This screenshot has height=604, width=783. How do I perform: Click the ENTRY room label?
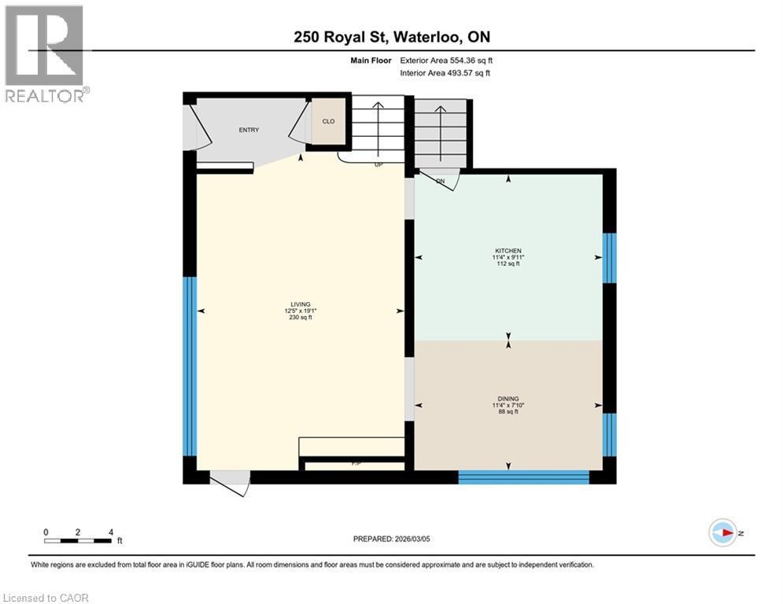coord(249,131)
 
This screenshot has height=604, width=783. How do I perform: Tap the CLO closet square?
coord(328,122)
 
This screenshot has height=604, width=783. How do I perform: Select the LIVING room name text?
coord(300,304)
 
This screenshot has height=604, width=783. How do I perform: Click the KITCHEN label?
coord(508,251)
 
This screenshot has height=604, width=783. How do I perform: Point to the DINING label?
coord(508,399)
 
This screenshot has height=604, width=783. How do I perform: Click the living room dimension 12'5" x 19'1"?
coord(300,311)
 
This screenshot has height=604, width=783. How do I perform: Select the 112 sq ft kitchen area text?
coord(508,264)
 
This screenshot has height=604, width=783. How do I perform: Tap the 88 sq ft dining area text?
coord(508,412)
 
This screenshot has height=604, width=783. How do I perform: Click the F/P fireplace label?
coord(356,465)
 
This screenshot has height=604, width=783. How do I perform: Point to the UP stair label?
coord(379,165)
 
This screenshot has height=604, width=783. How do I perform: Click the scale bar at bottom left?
coord(78,540)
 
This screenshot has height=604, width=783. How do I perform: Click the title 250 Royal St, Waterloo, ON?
coord(391,37)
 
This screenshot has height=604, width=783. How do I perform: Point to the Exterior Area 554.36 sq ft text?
coord(446,61)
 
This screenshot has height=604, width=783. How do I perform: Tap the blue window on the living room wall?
coord(189,366)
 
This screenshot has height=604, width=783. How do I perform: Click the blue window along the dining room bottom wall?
coord(523,477)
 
